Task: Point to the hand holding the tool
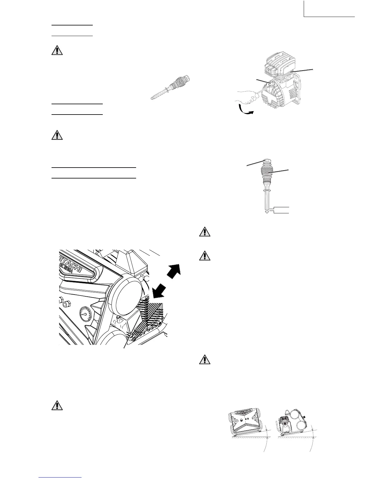[x=247, y=97]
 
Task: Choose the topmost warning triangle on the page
[x=57, y=50]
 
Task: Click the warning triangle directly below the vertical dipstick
[x=205, y=232]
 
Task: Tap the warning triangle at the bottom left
[x=57, y=406]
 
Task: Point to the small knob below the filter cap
[x=119, y=320]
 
